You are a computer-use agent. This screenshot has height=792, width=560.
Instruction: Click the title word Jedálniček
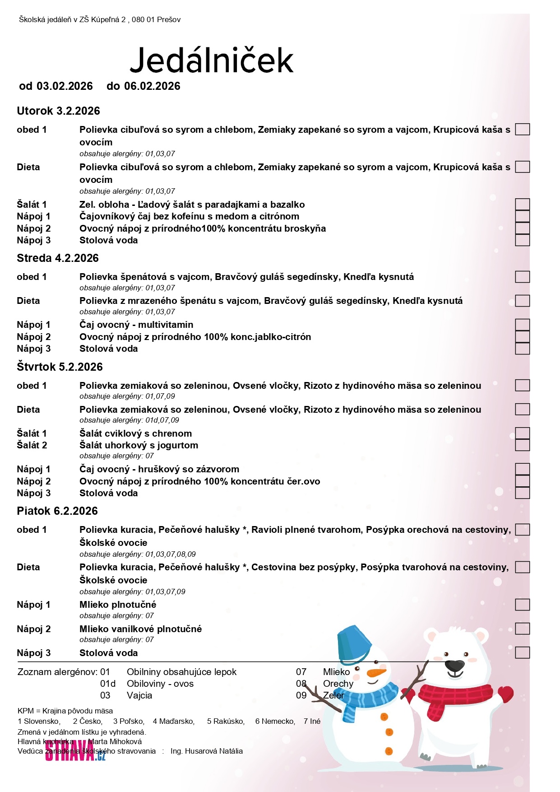click(211, 60)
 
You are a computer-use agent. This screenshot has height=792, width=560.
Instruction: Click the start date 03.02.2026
click(65, 86)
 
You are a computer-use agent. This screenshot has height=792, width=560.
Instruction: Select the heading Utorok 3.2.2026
click(58, 111)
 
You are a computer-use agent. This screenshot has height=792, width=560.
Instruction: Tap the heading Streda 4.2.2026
click(58, 258)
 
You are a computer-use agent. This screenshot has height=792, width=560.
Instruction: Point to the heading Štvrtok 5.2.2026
click(60, 367)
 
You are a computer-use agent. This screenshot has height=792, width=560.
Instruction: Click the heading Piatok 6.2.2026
click(57, 511)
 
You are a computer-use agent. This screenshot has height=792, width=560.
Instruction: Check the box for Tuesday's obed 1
click(522, 130)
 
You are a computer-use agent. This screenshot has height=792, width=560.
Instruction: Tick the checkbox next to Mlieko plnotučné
click(522, 605)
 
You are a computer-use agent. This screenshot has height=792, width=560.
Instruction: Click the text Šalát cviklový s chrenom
click(135, 433)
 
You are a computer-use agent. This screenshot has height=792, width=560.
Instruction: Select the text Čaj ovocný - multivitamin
click(136, 325)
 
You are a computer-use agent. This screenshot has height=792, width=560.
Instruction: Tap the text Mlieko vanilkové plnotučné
click(140, 629)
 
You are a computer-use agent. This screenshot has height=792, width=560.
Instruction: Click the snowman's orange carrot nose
click(376, 673)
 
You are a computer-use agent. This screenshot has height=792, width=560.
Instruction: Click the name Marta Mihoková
click(115, 741)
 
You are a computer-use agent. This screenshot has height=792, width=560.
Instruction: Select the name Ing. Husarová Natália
click(206, 751)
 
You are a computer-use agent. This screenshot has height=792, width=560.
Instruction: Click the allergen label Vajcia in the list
click(139, 695)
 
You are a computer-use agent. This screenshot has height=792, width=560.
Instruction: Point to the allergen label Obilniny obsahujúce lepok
click(181, 672)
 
